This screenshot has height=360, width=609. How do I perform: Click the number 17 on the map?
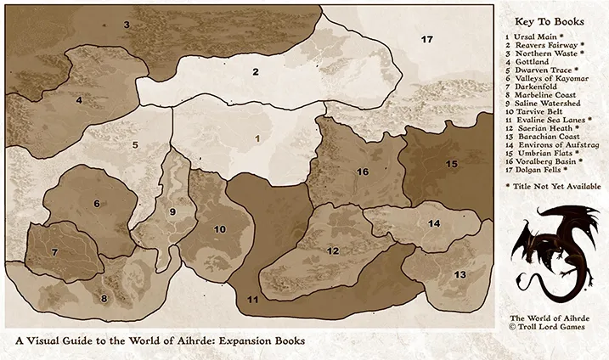point(427,39)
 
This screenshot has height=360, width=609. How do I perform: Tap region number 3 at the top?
point(127,25)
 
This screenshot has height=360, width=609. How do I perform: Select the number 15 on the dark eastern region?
point(452,163)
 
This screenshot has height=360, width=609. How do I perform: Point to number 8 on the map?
point(104,298)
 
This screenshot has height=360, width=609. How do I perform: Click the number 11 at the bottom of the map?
point(252,300)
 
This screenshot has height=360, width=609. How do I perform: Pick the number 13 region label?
point(460,274)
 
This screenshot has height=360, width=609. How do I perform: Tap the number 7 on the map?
point(54,252)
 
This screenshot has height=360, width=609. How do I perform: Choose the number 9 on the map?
point(172,211)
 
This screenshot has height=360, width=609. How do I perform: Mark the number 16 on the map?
point(363,172)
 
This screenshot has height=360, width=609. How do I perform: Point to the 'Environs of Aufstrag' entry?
point(555,143)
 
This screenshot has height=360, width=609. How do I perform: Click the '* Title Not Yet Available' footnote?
point(553,185)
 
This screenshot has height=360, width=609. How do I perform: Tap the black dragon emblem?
point(553,251)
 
